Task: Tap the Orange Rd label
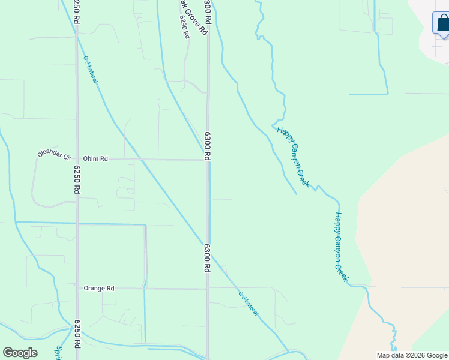(99, 289)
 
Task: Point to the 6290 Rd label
(184, 26)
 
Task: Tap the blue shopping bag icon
(442, 23)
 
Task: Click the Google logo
(20, 353)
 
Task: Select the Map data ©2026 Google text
(412, 355)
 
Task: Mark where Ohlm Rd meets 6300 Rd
(208, 160)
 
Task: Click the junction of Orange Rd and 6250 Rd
(77, 289)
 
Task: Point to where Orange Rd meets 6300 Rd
(208, 289)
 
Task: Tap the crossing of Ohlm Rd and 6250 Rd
(77, 159)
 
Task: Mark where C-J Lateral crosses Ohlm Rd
(140, 160)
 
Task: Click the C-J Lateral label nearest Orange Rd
(249, 304)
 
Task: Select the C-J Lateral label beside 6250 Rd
(91, 70)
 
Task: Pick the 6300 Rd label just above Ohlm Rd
(206, 146)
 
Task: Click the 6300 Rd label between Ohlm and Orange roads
(207, 258)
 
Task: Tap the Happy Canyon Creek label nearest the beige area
(341, 247)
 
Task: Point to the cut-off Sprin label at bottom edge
(59, 353)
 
